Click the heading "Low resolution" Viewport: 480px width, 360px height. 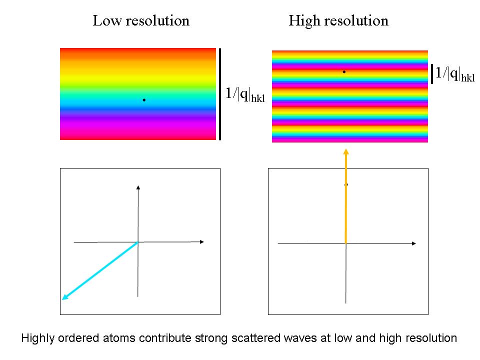[x=141, y=21]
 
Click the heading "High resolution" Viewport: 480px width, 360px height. [x=338, y=21]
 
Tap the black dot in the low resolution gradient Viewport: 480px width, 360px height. [x=144, y=100]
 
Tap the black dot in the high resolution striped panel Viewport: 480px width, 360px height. [x=344, y=72]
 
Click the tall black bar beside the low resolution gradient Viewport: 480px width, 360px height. [x=219, y=94]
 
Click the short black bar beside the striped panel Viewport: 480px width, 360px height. [x=432, y=73]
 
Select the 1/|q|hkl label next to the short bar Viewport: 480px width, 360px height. [x=454, y=73]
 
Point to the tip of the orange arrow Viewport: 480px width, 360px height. [x=345, y=150]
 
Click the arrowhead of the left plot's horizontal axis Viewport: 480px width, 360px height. [x=202, y=242]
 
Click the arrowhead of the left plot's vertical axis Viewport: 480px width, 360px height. [x=138, y=187]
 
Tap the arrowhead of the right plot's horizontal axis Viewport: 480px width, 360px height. [x=413, y=243]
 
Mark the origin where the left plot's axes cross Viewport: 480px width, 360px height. [x=138, y=242]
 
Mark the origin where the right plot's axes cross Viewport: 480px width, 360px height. [x=345, y=243]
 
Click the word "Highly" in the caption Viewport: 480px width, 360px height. [x=36, y=338]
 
